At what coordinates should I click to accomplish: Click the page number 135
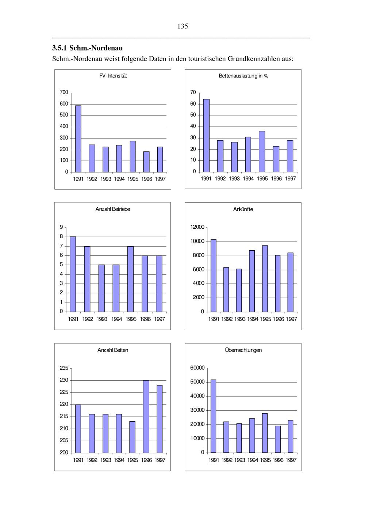[182, 26]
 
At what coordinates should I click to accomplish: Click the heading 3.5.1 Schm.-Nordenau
[87, 48]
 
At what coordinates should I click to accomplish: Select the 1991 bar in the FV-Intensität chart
[78, 139]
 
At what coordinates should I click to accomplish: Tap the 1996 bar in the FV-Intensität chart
[146, 162]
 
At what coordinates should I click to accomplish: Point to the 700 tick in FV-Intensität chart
[64, 92]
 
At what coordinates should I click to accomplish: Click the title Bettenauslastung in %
[243, 76]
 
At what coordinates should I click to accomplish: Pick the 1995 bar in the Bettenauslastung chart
[262, 151]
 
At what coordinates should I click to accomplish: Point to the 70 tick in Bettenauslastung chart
[193, 92]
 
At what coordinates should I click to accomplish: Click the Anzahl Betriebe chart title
[113, 209]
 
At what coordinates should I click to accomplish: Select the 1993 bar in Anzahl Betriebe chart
[101, 288]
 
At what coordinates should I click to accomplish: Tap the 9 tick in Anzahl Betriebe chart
[61, 227]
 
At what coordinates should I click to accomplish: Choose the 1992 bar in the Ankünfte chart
[226, 289]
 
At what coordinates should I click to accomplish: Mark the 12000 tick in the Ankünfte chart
[197, 227]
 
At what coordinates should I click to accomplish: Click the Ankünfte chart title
[243, 209]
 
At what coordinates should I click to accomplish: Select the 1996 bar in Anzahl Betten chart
[146, 417]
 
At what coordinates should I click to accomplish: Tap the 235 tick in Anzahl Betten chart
[64, 368]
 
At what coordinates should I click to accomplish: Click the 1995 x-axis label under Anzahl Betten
[132, 460]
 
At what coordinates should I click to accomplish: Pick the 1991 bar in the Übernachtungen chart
[214, 416]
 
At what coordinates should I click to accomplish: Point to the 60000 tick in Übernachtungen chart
[197, 368]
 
